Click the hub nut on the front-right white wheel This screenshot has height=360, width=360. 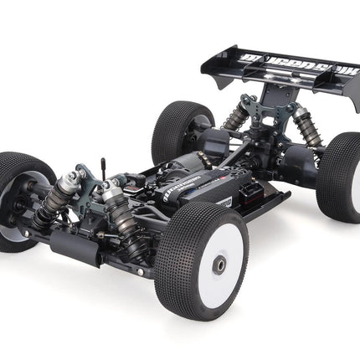click(219, 266)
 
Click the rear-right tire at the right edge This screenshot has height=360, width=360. click(342, 176)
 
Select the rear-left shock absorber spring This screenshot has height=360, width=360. click(235, 117)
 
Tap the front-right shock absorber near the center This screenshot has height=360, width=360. click(114, 213)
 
